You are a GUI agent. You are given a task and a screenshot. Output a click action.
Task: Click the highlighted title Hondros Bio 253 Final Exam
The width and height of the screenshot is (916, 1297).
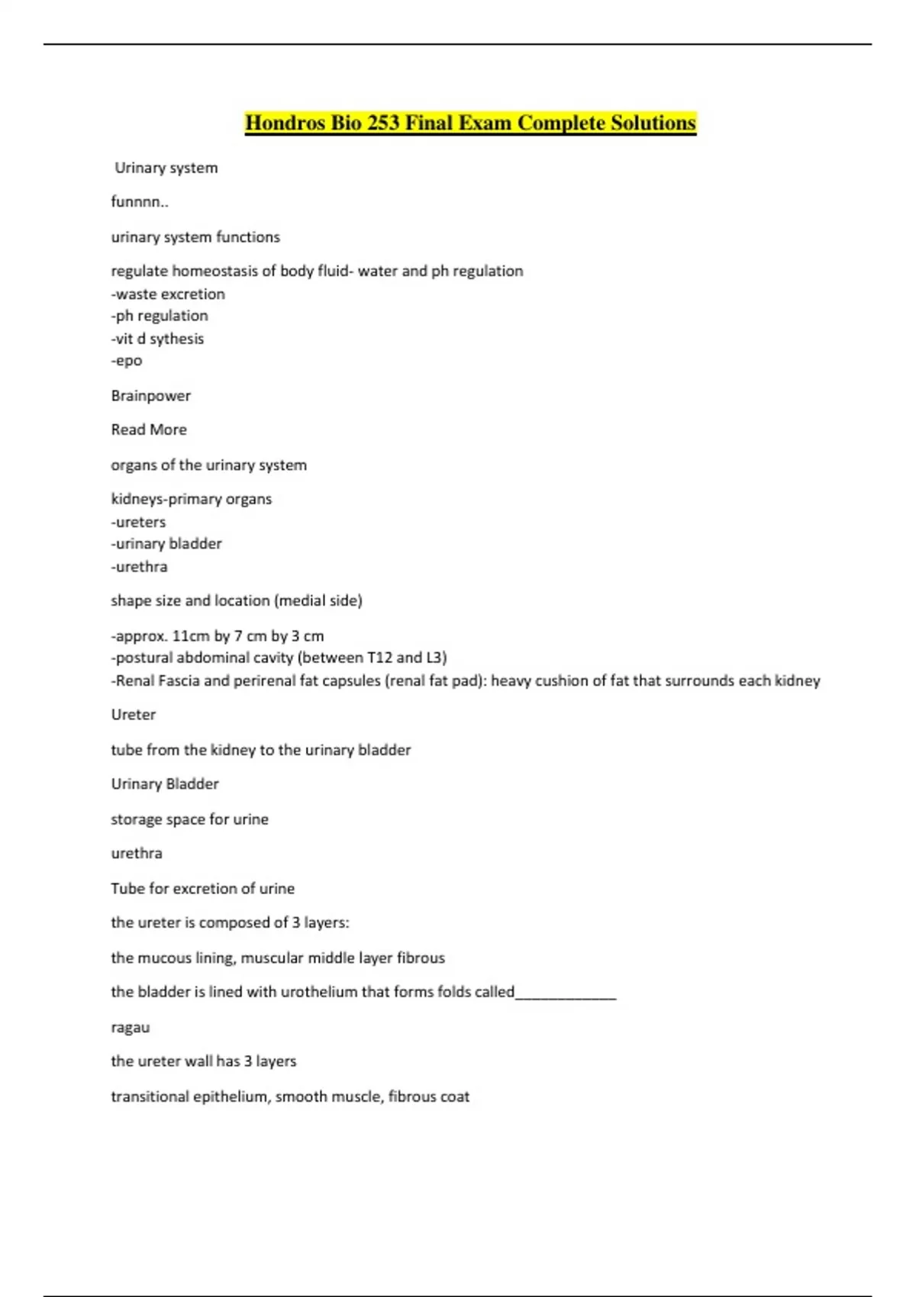(470, 124)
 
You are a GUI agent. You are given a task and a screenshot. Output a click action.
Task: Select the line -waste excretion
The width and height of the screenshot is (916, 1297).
(168, 294)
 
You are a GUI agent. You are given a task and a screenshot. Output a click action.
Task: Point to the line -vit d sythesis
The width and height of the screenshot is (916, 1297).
(157, 339)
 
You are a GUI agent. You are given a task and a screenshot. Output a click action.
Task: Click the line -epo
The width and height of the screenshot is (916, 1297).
(127, 361)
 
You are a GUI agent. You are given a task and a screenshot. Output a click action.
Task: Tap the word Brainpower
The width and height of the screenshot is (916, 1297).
(150, 396)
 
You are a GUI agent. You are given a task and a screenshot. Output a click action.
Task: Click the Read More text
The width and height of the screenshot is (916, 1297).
(149, 430)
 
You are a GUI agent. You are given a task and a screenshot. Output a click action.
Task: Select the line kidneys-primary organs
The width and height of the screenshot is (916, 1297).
(191, 499)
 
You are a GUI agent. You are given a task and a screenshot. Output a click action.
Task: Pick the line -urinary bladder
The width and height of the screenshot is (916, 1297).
(166, 544)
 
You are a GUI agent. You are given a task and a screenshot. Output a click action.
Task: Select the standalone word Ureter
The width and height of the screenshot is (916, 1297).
(133, 715)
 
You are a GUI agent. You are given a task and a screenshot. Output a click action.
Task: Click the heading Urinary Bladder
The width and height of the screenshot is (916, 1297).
(165, 784)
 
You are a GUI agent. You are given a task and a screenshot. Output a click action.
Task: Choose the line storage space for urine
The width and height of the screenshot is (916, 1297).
(189, 819)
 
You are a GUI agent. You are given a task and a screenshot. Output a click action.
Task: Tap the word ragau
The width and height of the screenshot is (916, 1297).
(131, 1028)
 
